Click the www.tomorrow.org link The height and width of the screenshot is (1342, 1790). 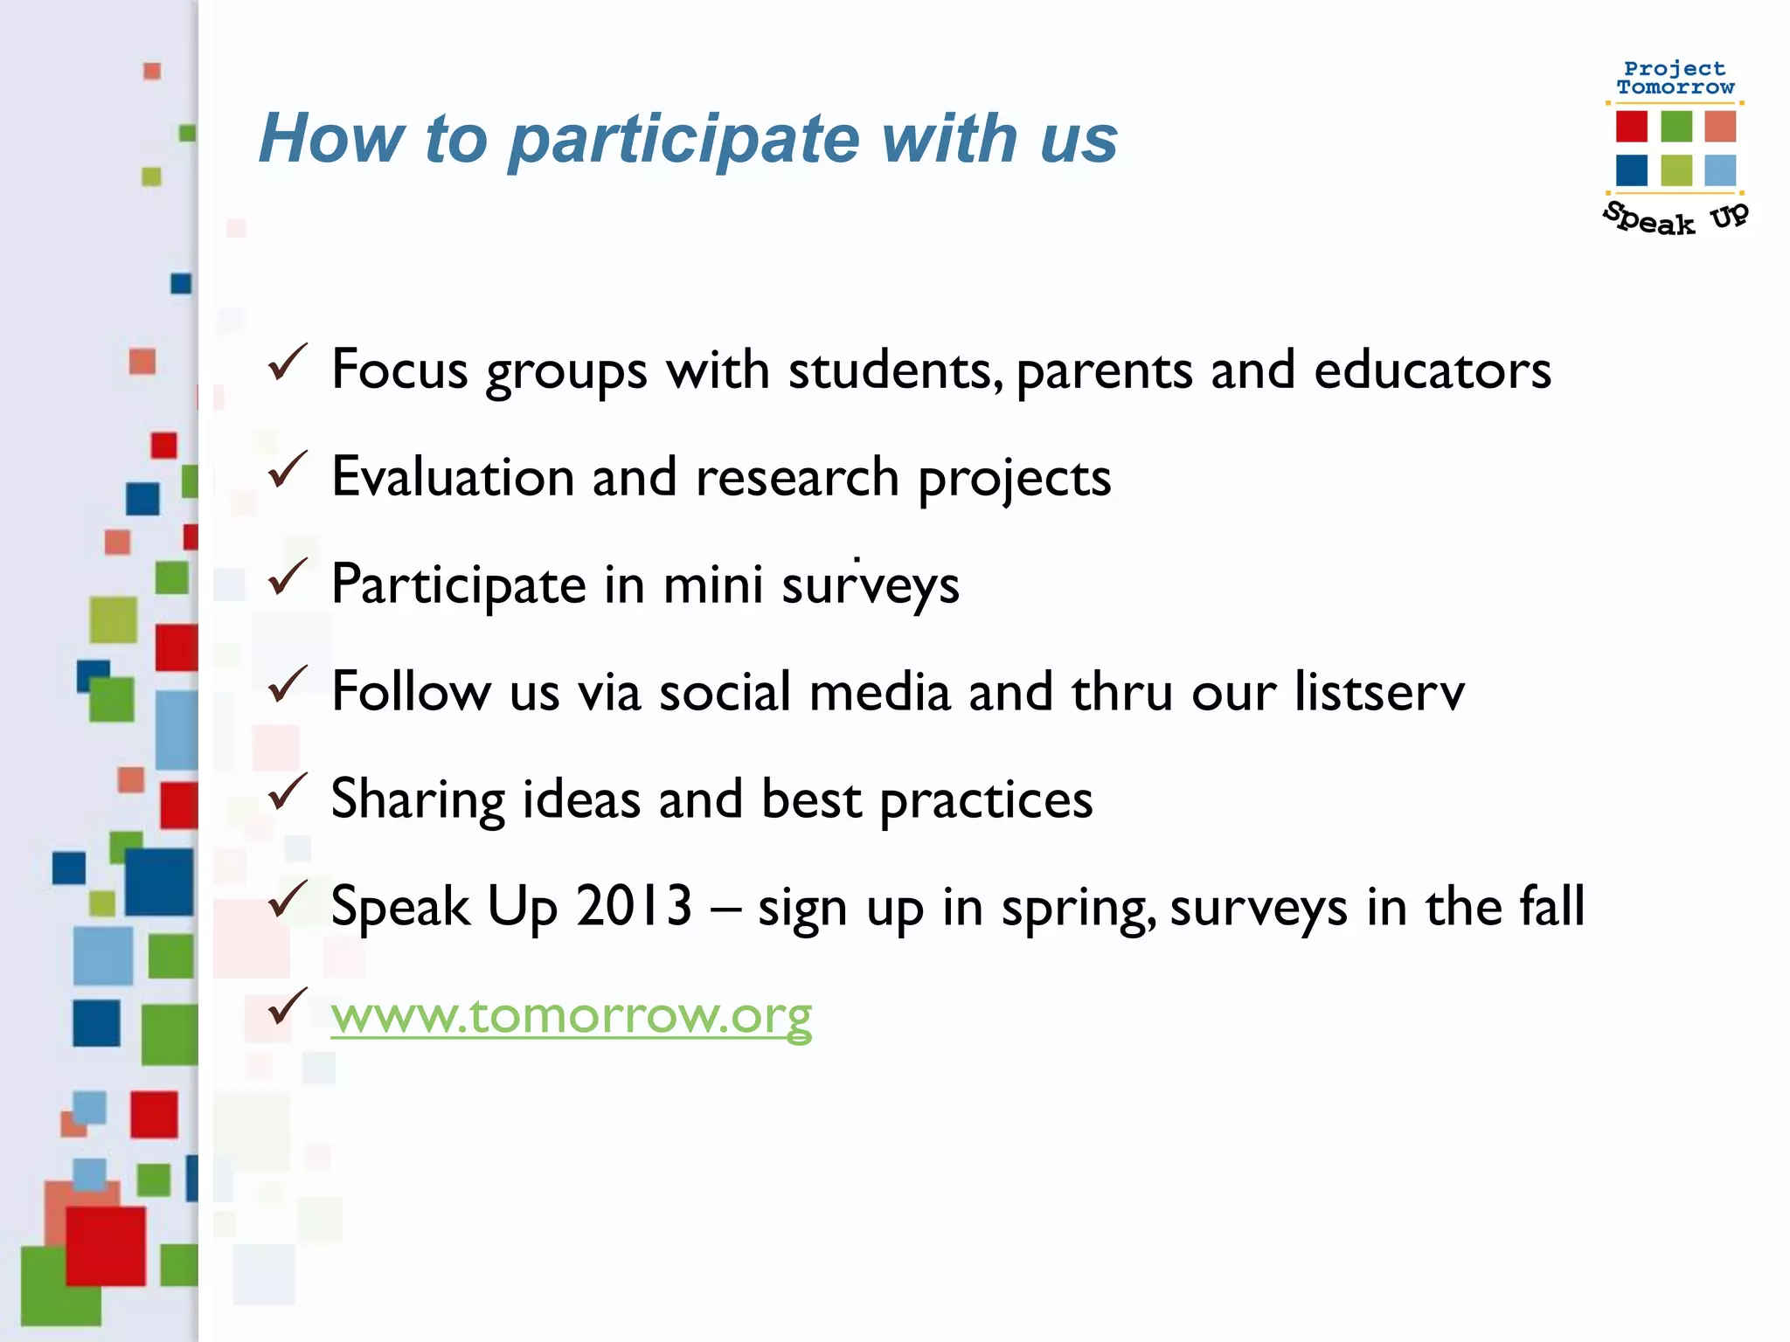571,1015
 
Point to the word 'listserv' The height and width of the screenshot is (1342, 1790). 1379,692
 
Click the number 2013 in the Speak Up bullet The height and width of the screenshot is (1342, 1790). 634,906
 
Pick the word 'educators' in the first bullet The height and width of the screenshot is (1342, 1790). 1433,370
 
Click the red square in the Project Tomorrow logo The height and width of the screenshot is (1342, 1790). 1631,126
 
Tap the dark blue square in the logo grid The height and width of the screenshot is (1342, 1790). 1631,170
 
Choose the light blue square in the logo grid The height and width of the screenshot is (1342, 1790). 1720,170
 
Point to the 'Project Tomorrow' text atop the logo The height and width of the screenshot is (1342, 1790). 1675,78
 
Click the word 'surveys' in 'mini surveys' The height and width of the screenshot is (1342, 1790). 871,585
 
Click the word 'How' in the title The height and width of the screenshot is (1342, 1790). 331,139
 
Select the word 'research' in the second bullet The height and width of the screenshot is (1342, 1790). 797,478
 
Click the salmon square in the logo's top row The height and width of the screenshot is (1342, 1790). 1720,126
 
